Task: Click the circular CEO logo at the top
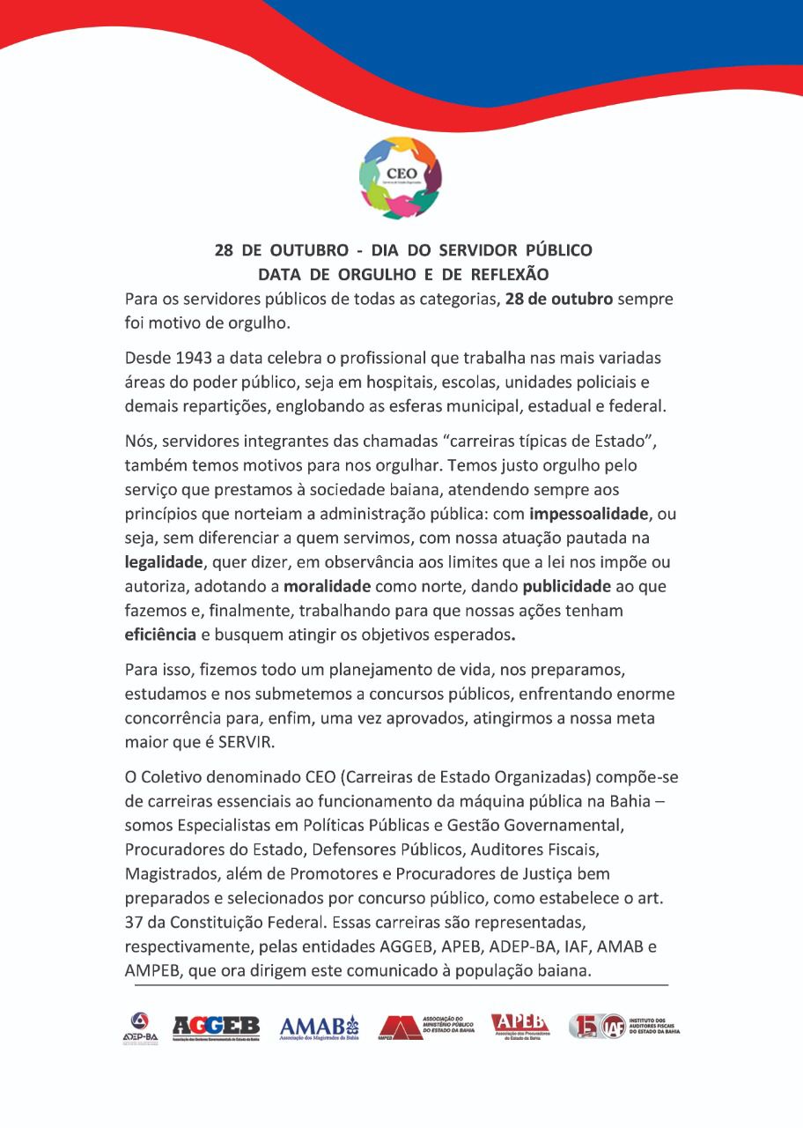[x=400, y=178]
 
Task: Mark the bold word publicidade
[x=567, y=585]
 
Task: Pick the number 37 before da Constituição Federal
[x=134, y=923]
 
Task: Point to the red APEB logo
[x=519, y=1027]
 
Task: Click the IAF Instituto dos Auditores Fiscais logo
[x=623, y=1027]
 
